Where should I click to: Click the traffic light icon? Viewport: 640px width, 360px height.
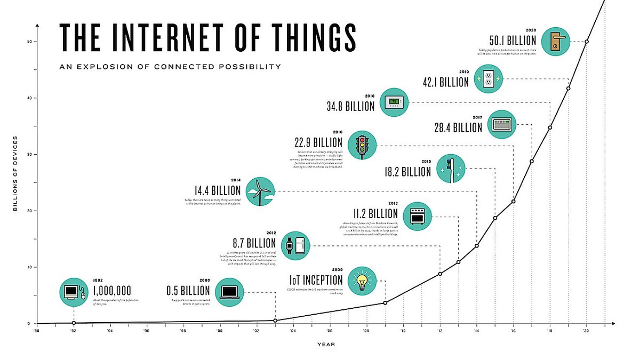pyautogui.click(x=363, y=145)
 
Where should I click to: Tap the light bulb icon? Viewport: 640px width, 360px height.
pyautogui.click(x=362, y=281)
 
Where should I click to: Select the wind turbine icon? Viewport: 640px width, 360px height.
pyautogui.click(x=260, y=191)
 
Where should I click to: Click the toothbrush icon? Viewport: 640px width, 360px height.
pyautogui.click(x=451, y=169)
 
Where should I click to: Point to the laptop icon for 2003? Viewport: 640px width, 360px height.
pyautogui.click(x=230, y=292)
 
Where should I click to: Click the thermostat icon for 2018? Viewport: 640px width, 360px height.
pyautogui.click(x=394, y=102)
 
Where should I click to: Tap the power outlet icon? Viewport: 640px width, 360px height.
pyautogui.click(x=489, y=79)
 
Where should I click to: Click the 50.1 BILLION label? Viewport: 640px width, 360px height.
pyautogui.click(x=513, y=41)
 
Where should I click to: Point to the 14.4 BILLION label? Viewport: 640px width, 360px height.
pyautogui.click(x=218, y=190)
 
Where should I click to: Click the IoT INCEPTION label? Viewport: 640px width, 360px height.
pyautogui.click(x=316, y=281)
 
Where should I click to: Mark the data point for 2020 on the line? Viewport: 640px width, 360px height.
pyautogui.click(x=587, y=42)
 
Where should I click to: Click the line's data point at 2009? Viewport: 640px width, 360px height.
pyautogui.click(x=385, y=303)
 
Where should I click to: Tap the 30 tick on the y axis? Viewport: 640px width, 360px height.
pyautogui.click(x=30, y=154)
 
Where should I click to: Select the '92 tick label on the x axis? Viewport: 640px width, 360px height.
pyautogui.click(x=73, y=331)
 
